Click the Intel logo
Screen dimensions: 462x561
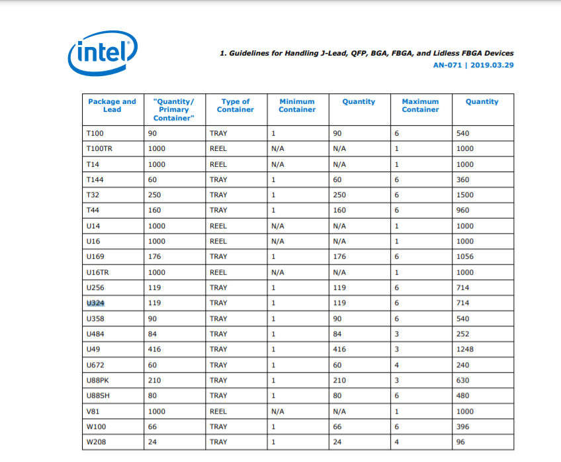[103, 52]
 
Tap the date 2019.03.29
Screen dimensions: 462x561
[492, 65]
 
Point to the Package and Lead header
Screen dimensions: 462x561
[112, 105]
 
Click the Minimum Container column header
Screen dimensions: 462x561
[297, 105]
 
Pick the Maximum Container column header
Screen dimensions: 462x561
[420, 105]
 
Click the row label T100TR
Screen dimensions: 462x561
[99, 149]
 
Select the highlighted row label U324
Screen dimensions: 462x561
[96, 303]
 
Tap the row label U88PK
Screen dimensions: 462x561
[99, 381]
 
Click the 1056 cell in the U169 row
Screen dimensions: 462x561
[465, 257]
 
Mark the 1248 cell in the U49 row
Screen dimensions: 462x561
[465, 349]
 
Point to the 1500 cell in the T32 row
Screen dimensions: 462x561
[465, 195]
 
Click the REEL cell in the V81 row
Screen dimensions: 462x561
[218, 411]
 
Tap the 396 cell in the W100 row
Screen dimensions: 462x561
[463, 427]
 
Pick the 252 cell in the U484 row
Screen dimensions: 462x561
[463, 334]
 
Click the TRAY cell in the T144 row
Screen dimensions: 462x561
[218, 179]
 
